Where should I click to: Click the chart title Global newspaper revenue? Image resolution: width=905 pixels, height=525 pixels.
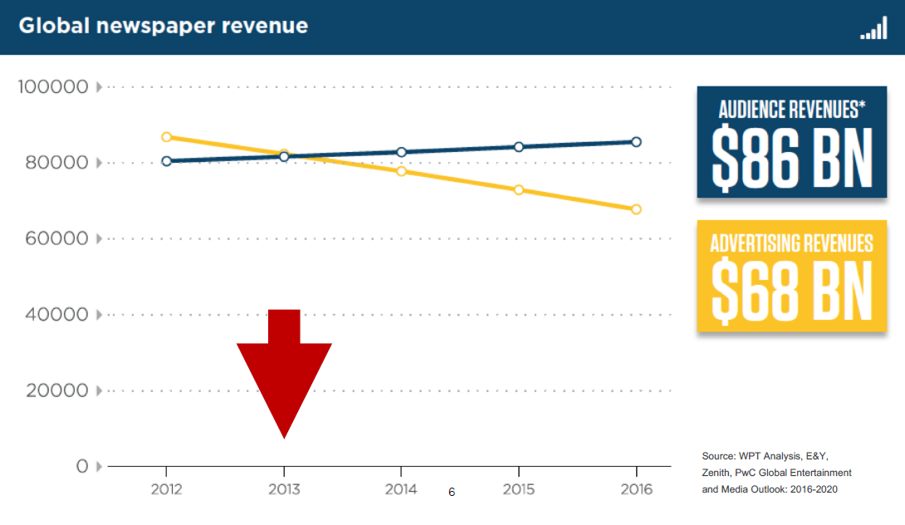point(163,26)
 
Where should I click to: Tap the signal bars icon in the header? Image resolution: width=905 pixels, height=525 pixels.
point(873,30)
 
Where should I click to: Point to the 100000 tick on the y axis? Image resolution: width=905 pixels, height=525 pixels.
point(53,86)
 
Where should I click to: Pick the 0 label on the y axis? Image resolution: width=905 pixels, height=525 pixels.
point(82,466)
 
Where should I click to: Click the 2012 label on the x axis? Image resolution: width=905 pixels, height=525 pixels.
point(166,489)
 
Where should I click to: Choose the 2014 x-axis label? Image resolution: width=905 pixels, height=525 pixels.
point(401,489)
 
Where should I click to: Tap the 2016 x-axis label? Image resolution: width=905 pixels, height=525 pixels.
point(636,489)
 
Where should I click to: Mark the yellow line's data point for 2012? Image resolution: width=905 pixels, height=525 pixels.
point(167,137)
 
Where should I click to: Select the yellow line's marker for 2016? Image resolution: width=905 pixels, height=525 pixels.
point(636,209)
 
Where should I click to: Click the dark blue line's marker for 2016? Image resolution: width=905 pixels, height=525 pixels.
point(636,142)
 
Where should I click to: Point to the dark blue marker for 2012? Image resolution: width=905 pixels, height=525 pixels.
point(167,161)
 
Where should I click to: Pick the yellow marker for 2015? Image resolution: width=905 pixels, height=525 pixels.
point(519,190)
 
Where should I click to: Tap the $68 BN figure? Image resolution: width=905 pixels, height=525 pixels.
point(792,291)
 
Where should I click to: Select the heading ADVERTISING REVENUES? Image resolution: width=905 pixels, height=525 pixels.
point(792,243)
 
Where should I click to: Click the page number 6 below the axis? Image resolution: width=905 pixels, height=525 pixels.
point(452,493)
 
